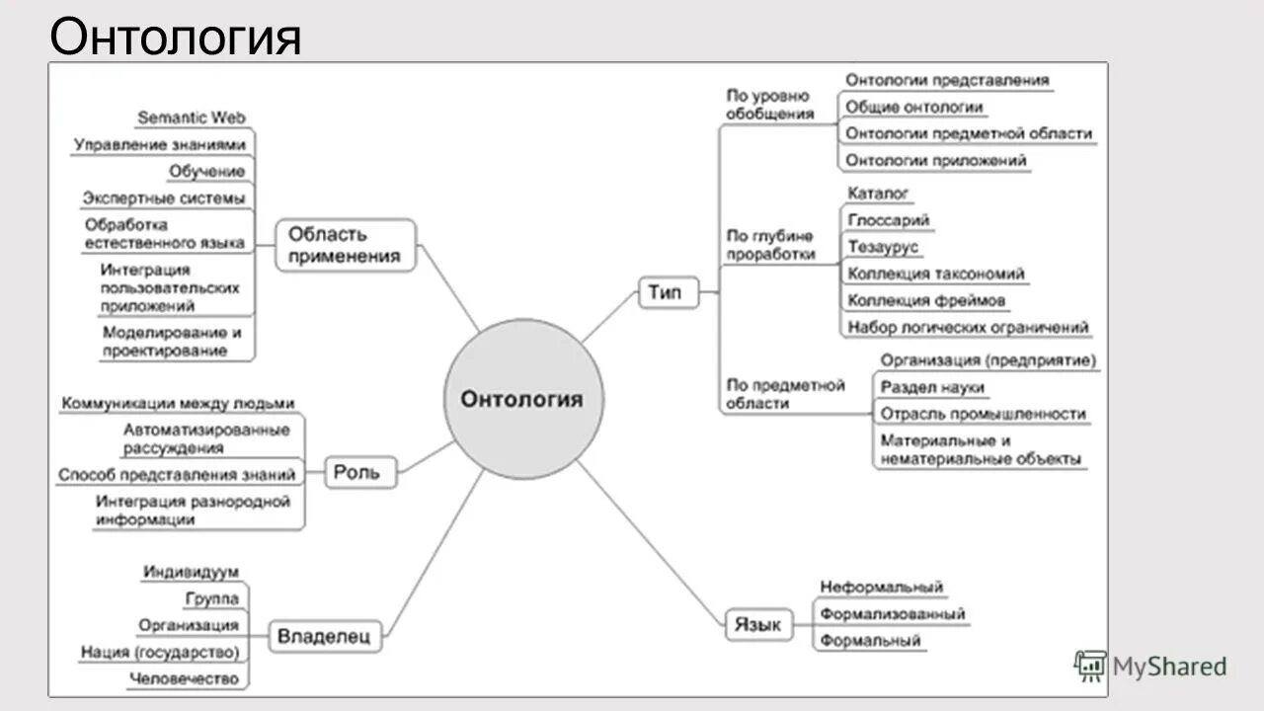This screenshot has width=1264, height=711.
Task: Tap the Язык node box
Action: [x=759, y=625]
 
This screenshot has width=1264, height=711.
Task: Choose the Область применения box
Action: [x=345, y=245]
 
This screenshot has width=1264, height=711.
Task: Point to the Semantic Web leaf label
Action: [x=192, y=118]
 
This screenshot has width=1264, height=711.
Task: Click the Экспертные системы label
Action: [x=164, y=198]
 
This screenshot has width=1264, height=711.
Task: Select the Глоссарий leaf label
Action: [x=889, y=220]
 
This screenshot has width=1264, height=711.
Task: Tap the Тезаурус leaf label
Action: [x=883, y=247]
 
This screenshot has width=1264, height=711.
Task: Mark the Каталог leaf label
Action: [x=878, y=194]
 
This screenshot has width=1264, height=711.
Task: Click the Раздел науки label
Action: [x=933, y=388]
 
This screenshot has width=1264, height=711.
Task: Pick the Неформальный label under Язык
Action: [x=882, y=588]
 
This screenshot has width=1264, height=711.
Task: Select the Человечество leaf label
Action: [x=185, y=678]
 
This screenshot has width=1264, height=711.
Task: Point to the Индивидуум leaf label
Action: [x=191, y=572]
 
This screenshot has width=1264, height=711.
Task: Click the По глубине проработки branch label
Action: [x=770, y=245]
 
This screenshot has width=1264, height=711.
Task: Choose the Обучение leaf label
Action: [x=206, y=172]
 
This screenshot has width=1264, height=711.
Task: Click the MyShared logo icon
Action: [x=1090, y=667]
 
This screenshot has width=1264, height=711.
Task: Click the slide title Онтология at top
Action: [x=176, y=38]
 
